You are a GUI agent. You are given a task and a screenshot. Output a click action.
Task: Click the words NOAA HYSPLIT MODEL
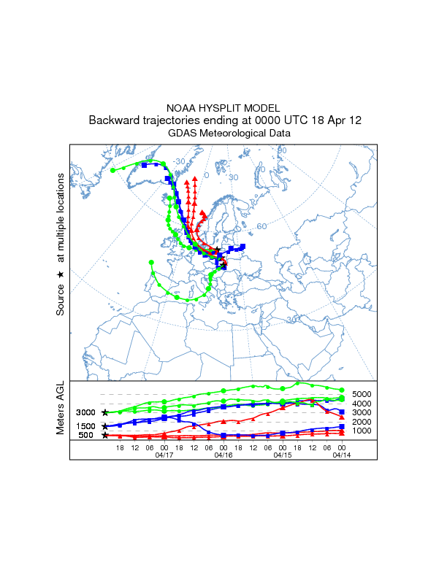point(223,108)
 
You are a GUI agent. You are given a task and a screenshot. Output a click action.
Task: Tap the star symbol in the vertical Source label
point(61,274)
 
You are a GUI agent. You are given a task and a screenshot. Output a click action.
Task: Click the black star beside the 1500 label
point(105,425)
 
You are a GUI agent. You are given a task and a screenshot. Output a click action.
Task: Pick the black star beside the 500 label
point(105,435)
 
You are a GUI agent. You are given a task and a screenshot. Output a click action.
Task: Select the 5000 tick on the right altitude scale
point(363,394)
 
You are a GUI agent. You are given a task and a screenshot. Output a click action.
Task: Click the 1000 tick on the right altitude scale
point(363,431)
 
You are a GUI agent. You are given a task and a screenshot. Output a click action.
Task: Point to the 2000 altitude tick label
point(363,422)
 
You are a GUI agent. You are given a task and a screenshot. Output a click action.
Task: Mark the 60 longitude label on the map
point(261,226)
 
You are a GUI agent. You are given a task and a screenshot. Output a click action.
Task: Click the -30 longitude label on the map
point(178,161)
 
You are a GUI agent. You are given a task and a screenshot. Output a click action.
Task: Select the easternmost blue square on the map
point(242,247)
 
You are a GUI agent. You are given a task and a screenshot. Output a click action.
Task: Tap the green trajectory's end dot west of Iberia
point(151,261)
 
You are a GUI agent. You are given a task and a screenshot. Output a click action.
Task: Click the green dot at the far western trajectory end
point(113,170)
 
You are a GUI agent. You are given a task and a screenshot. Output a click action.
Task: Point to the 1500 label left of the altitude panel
point(85,426)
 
